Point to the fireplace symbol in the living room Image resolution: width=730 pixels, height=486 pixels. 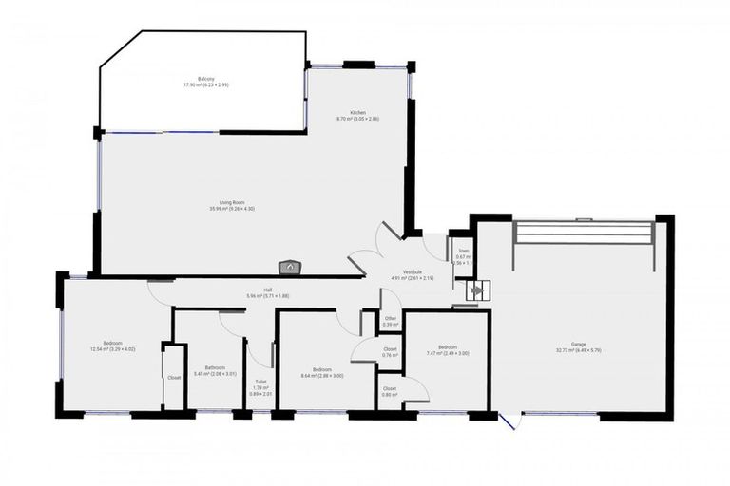289,269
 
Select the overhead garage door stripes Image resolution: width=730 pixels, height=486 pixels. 582,233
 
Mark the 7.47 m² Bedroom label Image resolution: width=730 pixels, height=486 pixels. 447,349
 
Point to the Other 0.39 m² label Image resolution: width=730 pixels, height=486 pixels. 390,321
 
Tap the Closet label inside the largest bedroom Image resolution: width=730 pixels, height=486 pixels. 174,378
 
